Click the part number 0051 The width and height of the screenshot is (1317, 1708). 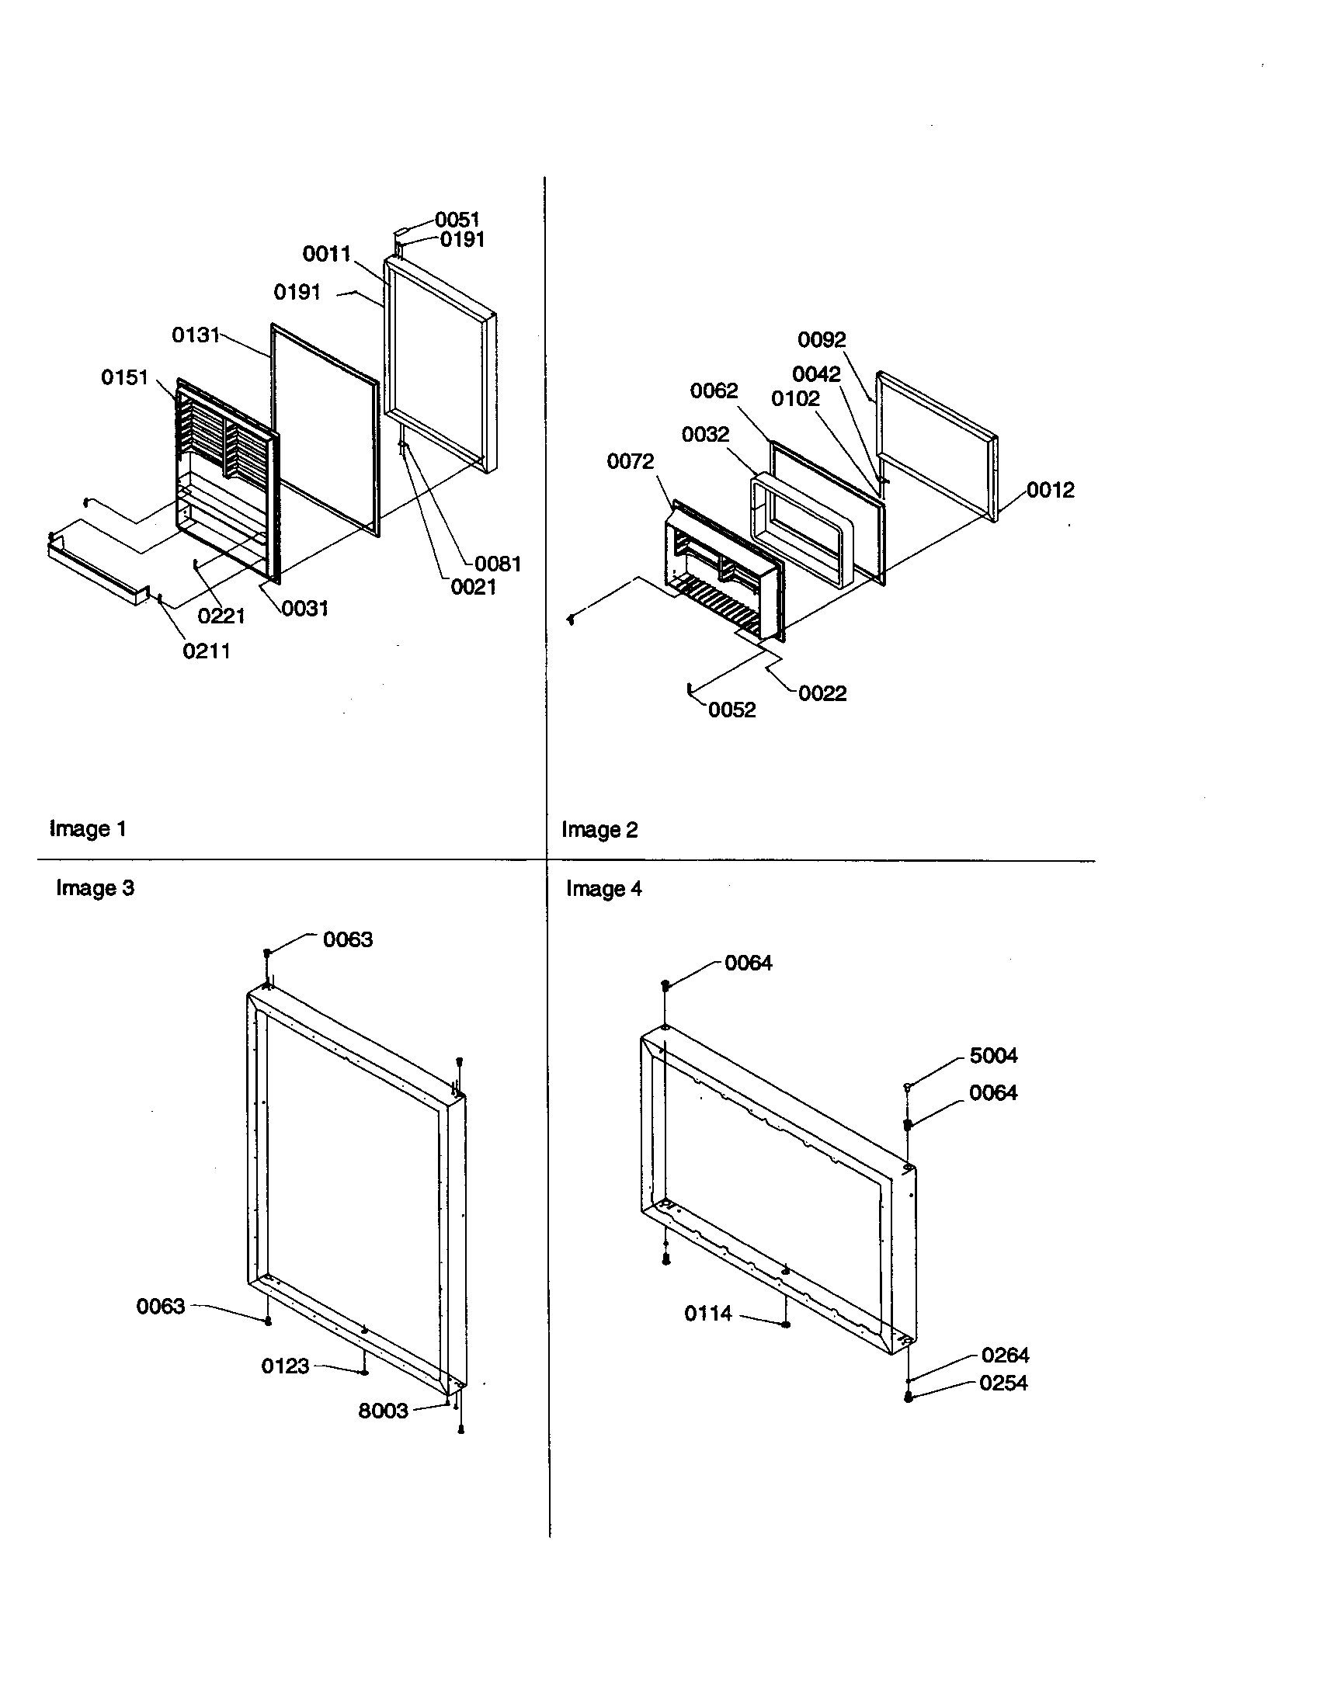[x=457, y=220]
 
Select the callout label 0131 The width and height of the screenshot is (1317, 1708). [x=196, y=335]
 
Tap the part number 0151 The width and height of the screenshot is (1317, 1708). [x=124, y=378]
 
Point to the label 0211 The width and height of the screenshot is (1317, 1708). [x=207, y=651]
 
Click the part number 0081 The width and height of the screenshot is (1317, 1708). [x=498, y=564]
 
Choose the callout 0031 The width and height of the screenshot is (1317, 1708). [x=305, y=609]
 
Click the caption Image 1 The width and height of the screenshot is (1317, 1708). [x=88, y=829]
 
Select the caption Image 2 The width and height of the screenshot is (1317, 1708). [x=599, y=830]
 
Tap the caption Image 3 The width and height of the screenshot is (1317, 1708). [x=95, y=888]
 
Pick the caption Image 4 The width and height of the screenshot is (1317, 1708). [x=604, y=889]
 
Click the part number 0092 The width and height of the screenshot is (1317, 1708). [x=821, y=339]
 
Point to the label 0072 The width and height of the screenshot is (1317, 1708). [x=631, y=461]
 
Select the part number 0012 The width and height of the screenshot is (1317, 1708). [x=1051, y=491]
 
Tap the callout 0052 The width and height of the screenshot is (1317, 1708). [x=732, y=710]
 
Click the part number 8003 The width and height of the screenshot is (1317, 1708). [x=383, y=1411]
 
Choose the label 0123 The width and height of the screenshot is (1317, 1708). [x=285, y=1366]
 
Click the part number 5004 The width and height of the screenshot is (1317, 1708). [x=993, y=1056]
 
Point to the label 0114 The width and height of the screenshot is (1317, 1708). [x=707, y=1314]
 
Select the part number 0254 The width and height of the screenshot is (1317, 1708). [x=1003, y=1383]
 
